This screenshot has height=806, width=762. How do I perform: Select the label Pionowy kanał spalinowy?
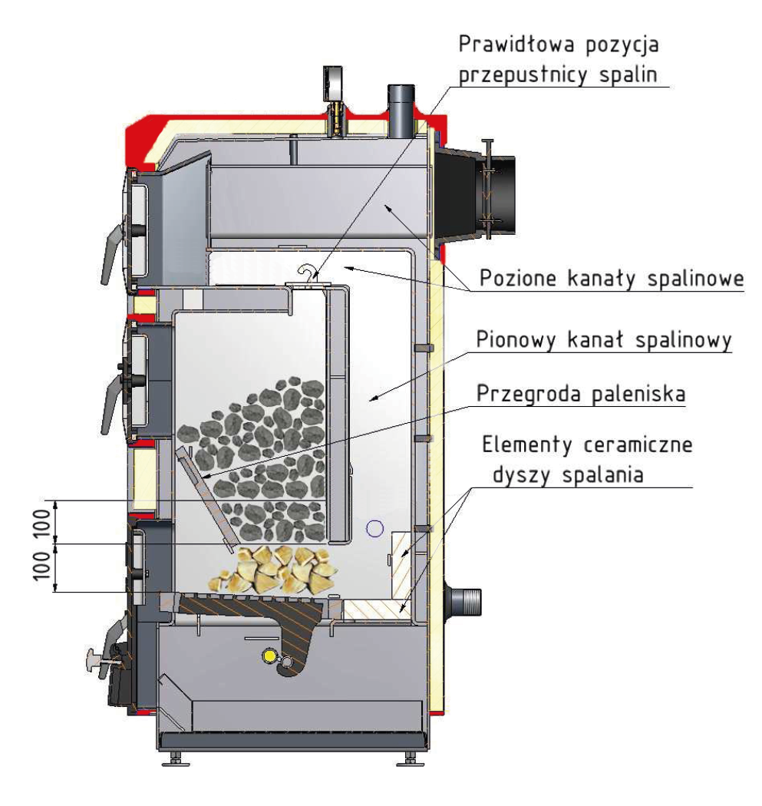(602, 339)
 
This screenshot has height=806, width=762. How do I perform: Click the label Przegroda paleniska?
(581, 395)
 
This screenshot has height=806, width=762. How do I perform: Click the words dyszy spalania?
(568, 474)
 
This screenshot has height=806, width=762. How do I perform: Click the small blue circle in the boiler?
(374, 527)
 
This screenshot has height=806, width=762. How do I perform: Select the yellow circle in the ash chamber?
(269, 655)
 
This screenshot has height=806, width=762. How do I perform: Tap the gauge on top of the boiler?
(338, 84)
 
